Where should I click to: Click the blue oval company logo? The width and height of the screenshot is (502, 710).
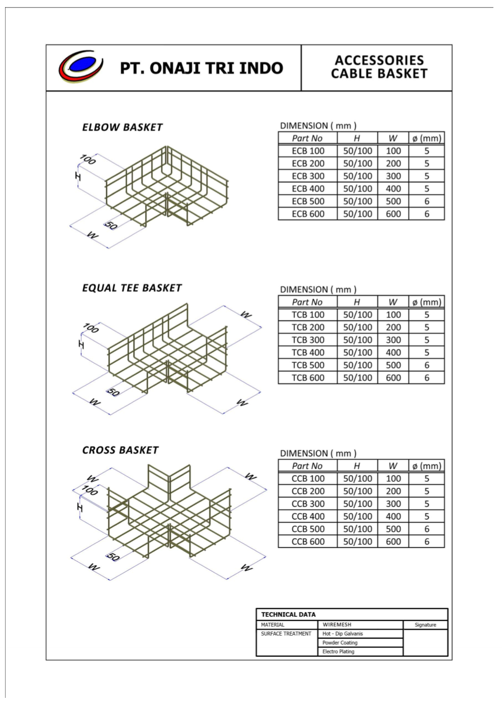81,66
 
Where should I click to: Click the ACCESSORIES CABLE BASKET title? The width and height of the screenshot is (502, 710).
379,67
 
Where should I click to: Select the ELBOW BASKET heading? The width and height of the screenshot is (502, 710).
122,128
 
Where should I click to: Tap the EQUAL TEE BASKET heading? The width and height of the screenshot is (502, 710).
132,288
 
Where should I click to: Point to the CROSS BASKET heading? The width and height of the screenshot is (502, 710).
120,450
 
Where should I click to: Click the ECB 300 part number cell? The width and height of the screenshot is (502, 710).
308,176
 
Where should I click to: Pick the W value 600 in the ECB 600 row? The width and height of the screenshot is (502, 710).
393,214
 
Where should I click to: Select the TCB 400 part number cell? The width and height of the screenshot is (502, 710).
308,353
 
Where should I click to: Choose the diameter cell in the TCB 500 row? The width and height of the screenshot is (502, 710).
427,365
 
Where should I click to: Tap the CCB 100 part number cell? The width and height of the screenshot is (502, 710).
308,479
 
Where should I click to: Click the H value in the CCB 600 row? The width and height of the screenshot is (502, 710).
357,541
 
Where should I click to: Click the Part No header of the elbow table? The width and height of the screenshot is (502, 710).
307,139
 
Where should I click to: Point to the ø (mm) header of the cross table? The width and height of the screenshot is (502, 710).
427,466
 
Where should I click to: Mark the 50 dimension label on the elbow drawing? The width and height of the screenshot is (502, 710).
111,225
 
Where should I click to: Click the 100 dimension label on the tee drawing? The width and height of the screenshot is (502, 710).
91,328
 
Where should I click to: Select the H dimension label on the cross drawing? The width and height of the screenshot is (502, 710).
79,507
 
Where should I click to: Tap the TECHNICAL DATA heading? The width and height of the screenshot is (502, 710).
288,614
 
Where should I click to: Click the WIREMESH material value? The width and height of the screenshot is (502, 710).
337,625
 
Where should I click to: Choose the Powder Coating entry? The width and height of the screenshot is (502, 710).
340,643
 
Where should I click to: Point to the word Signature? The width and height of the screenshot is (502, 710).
425,625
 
